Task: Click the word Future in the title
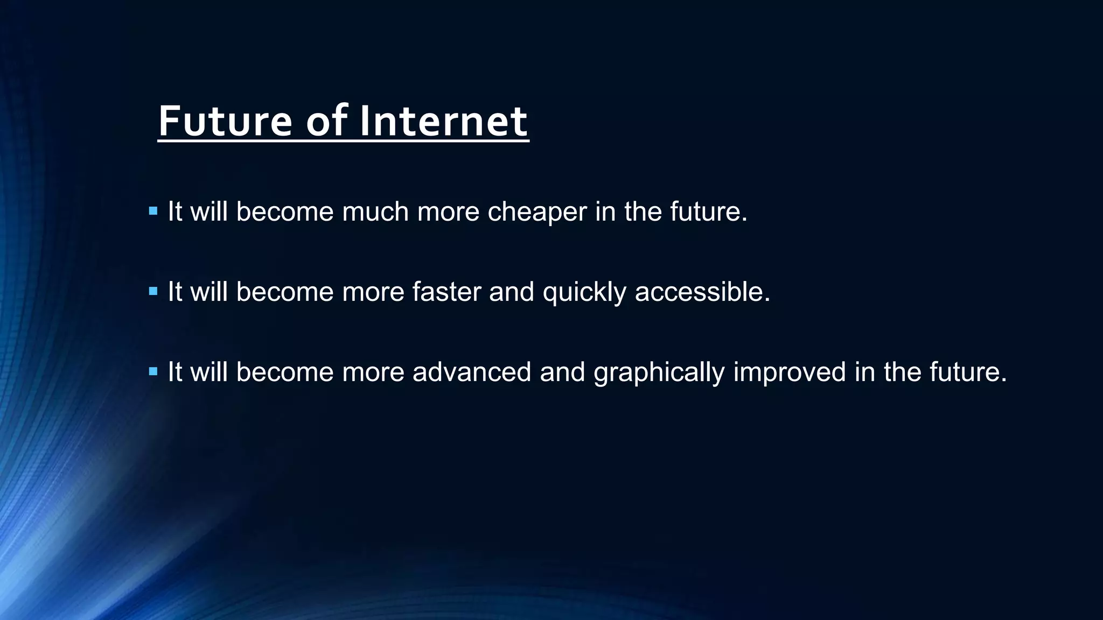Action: (225, 122)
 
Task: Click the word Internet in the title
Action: (443, 122)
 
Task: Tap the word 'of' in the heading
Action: (326, 122)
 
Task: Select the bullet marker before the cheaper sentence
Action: (153, 211)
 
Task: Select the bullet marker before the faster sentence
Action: (153, 292)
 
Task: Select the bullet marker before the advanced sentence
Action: (153, 371)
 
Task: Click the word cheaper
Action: (537, 212)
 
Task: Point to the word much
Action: (375, 212)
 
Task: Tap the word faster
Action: (446, 292)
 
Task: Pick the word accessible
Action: (702, 292)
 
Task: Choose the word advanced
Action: (472, 372)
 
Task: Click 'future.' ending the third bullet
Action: (968, 372)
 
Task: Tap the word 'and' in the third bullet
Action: (562, 372)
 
